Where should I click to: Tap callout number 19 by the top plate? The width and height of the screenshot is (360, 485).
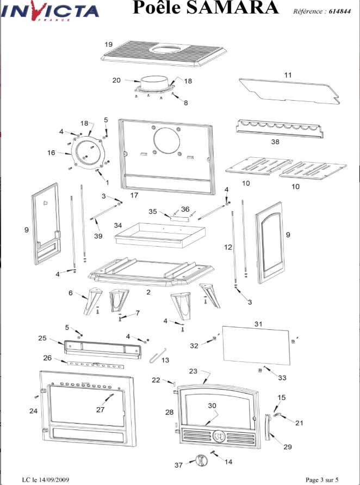[108, 44]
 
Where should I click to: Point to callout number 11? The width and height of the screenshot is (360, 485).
[288, 74]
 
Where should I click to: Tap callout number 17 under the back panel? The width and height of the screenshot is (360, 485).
[134, 194]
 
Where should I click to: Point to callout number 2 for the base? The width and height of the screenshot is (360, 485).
[148, 292]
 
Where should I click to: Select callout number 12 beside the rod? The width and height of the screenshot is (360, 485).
[228, 247]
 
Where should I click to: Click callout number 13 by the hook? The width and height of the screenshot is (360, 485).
[165, 360]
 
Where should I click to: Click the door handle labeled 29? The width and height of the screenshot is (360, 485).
[268, 427]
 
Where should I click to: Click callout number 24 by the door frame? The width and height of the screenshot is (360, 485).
[33, 411]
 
